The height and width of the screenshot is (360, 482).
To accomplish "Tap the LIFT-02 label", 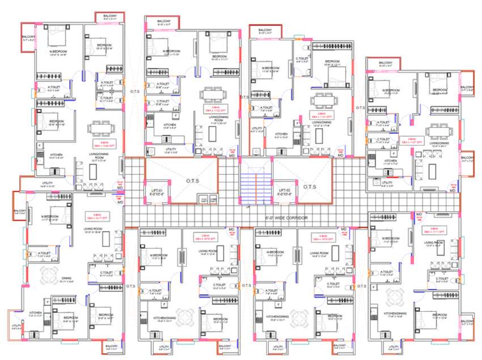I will click(285, 190).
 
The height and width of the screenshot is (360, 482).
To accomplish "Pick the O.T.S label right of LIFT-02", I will click(310, 187).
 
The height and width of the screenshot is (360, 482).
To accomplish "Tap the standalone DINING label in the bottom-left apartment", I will click(67, 279).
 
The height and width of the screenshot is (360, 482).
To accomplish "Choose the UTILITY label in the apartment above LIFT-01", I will click(171, 149).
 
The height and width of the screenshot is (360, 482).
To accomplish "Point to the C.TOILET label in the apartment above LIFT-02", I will click(302, 58).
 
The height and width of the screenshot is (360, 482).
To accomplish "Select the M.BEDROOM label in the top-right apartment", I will click(391, 90).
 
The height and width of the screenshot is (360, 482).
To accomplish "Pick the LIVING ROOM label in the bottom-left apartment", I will click(92, 228).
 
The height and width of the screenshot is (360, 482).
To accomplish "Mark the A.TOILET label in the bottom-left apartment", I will click(45, 253).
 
